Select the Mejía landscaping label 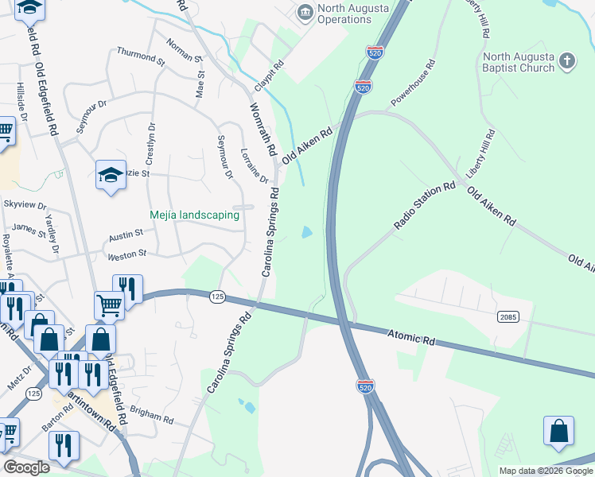[x=195, y=215]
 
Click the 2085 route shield [x=509, y=317]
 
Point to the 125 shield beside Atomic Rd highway [x=216, y=297]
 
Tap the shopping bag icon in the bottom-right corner [x=558, y=431]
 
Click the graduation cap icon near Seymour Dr [x=111, y=176]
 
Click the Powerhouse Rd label [x=413, y=83]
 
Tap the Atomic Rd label [x=412, y=336]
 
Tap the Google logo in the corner [x=26, y=467]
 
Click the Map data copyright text [x=545, y=471]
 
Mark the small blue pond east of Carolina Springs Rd [x=306, y=233]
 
